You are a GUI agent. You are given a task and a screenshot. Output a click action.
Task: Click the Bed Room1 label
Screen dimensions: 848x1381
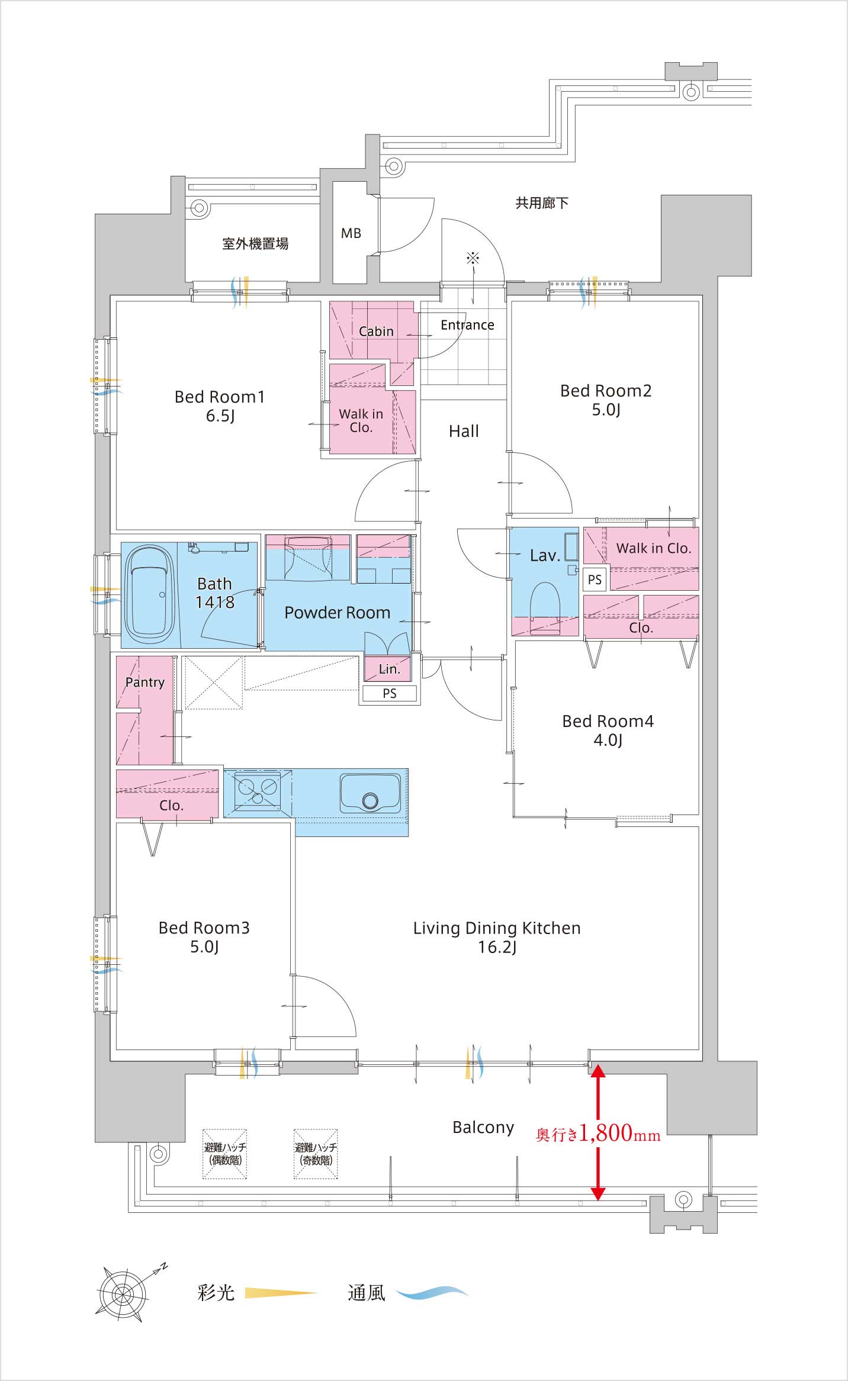[219, 397]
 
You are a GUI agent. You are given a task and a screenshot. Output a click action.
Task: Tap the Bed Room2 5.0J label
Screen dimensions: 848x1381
[606, 400]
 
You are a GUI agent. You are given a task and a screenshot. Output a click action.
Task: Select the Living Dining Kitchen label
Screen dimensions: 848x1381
[497, 928]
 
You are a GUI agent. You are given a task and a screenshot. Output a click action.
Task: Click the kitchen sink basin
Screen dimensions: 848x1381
[370, 793]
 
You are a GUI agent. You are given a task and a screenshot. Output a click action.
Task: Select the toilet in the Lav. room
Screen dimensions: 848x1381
[545, 607]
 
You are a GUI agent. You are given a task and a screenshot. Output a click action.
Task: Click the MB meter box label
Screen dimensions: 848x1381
[351, 234]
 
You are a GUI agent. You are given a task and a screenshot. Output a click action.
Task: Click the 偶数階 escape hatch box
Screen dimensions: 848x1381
[225, 1154]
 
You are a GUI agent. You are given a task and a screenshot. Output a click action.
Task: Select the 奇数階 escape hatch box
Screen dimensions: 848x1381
[316, 1154]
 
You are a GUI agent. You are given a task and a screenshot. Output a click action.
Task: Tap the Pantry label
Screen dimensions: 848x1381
[144, 683]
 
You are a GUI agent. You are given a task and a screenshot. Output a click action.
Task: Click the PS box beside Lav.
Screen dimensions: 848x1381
[595, 580]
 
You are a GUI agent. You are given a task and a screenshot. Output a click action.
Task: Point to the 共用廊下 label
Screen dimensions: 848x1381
[542, 203]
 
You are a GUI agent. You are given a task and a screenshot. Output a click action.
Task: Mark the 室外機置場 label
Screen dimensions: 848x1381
[255, 243]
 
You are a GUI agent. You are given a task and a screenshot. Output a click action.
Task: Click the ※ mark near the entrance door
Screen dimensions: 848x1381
[473, 257]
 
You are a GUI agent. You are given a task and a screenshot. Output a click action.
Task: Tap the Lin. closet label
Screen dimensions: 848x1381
[389, 669]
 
